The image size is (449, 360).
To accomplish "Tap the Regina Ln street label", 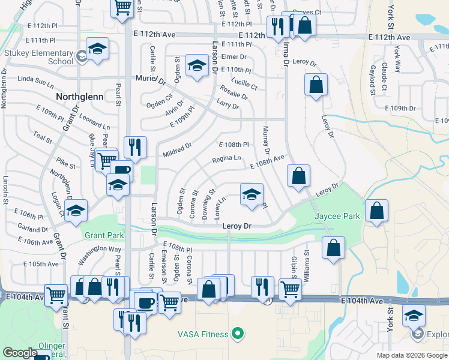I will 226,159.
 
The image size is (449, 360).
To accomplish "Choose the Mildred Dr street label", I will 176,150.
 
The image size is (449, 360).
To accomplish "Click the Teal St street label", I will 43,137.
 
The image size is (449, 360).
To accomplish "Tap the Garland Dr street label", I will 32,229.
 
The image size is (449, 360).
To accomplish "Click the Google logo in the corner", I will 20,353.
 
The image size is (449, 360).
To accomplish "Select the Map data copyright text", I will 412,355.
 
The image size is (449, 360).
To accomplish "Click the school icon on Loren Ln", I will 252,194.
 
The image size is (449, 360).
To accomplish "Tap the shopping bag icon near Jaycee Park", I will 376,211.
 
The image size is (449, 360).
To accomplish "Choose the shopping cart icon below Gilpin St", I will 290,290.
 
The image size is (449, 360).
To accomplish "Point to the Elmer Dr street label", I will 234,57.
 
